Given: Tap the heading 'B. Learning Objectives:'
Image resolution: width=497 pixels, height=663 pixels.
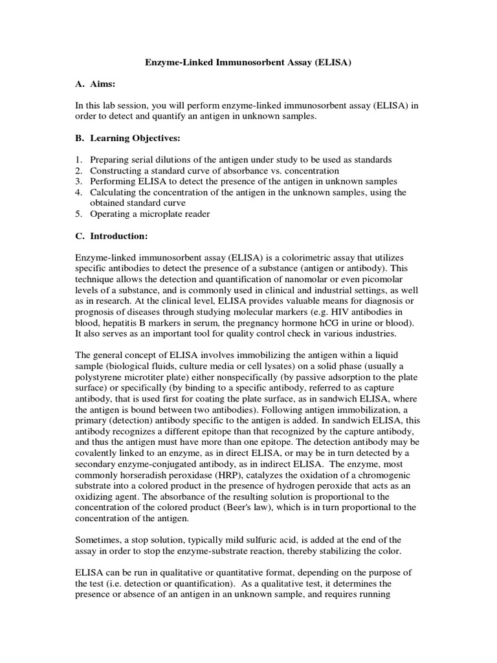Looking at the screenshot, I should [127, 139].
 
